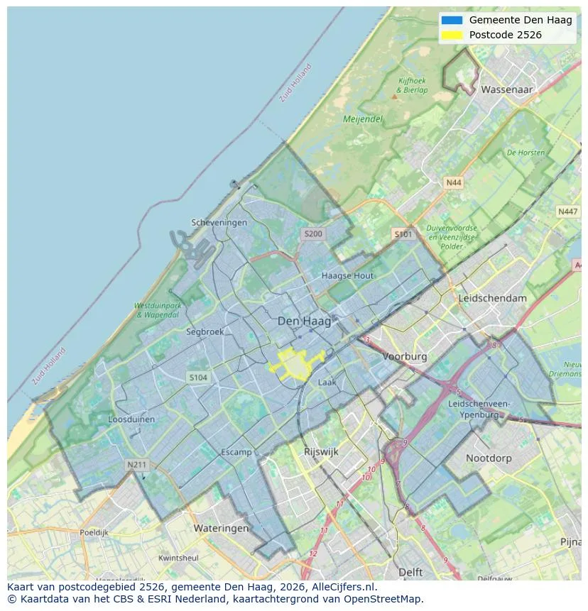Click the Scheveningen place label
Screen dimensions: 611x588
click(x=219, y=222)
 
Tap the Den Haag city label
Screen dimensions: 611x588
click(x=304, y=321)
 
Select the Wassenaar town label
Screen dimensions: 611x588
click(x=506, y=90)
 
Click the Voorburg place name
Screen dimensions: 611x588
click(x=405, y=356)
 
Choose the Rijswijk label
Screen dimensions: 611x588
click(x=321, y=451)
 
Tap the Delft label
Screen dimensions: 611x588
click(x=410, y=572)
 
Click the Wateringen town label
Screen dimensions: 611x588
click(x=221, y=528)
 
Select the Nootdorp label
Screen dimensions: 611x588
click(x=489, y=458)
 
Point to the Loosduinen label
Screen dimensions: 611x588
click(x=131, y=419)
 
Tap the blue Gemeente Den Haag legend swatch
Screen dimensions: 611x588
click(x=451, y=21)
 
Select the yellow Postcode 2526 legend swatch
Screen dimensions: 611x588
click(x=451, y=35)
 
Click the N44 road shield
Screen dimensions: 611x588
click(x=453, y=183)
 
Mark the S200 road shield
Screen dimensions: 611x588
click(x=312, y=233)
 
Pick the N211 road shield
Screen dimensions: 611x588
click(x=136, y=465)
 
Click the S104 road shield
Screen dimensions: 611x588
click(x=198, y=378)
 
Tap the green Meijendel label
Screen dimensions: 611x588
click(x=363, y=119)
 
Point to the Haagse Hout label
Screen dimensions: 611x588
click(x=347, y=275)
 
